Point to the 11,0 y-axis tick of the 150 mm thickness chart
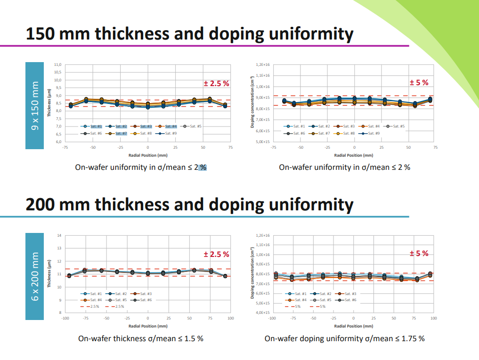click(x=57, y=64)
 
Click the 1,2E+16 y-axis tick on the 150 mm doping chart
click(x=263, y=64)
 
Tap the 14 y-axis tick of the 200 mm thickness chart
click(x=59, y=235)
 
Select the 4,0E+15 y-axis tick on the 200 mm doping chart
click(x=263, y=312)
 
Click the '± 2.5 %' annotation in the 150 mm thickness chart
click(x=216, y=83)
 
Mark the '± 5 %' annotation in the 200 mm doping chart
click(x=419, y=254)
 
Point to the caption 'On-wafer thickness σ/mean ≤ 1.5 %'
click(x=140, y=338)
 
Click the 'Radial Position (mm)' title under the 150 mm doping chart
click(x=354, y=154)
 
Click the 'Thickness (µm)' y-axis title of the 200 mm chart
click(x=49, y=274)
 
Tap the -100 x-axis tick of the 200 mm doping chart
click(x=272, y=319)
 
